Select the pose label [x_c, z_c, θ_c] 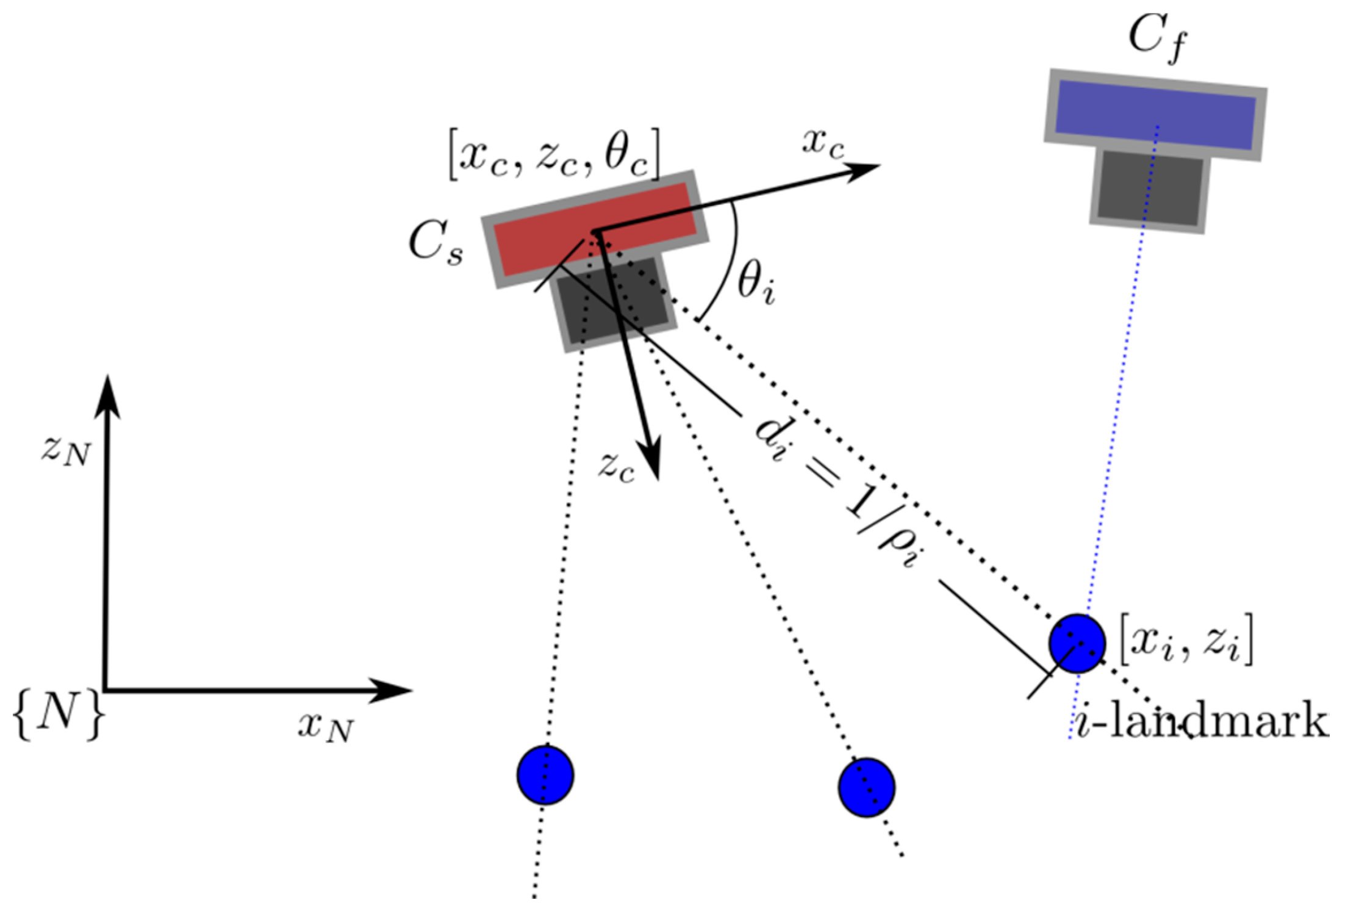[554, 154]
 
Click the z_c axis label [616, 467]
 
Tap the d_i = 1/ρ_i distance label [836, 494]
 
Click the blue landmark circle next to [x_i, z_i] [1077, 643]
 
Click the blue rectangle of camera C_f [1155, 116]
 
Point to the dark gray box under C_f [1149, 189]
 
